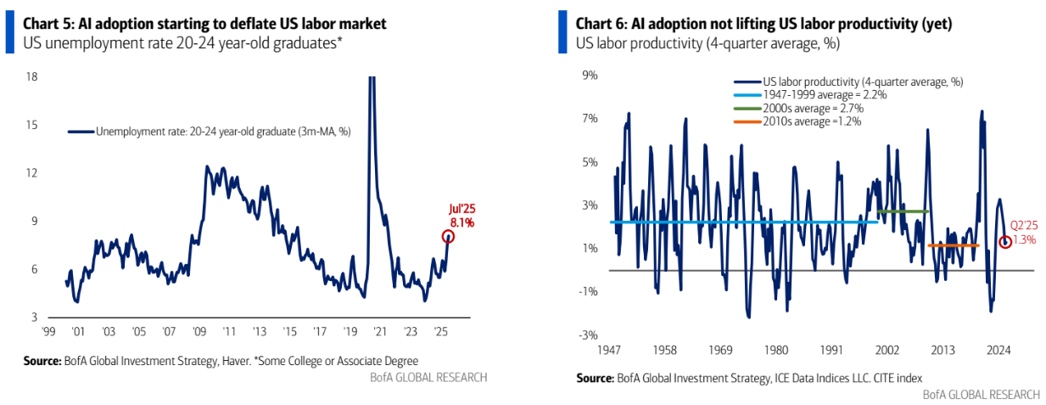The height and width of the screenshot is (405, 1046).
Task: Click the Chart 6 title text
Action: point(764,24)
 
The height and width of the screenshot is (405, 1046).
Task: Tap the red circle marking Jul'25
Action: point(448,236)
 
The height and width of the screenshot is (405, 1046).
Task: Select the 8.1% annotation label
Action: point(461,222)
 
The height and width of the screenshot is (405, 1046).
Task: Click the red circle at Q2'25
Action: point(1005,242)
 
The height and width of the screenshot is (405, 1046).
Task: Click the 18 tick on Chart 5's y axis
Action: point(32,76)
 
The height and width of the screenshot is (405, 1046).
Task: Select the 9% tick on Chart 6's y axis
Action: point(590,76)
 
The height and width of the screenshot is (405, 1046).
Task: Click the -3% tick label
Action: point(588,335)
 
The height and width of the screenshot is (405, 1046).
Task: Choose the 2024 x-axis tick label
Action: point(998,349)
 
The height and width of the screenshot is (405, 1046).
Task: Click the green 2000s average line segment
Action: point(903,211)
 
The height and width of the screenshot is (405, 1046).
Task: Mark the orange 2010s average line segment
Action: point(953,246)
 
